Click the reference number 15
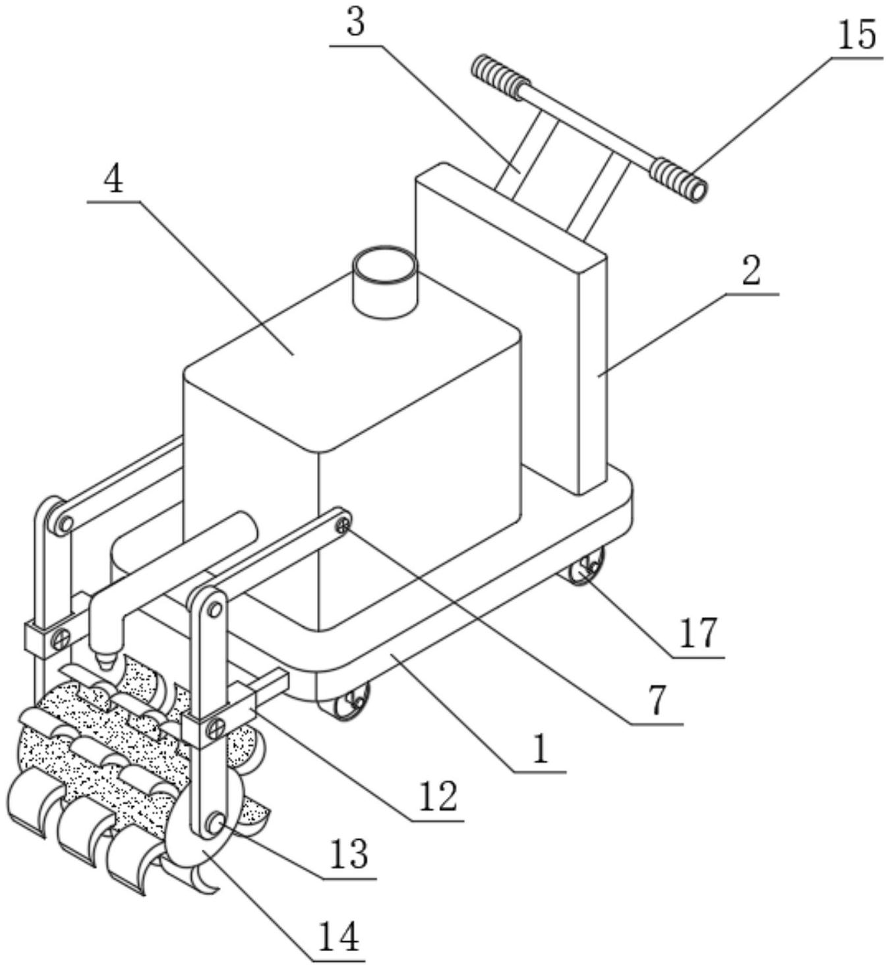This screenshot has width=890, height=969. [x=856, y=36]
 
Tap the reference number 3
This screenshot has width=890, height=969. [x=355, y=22]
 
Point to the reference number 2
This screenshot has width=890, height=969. [x=752, y=272]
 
